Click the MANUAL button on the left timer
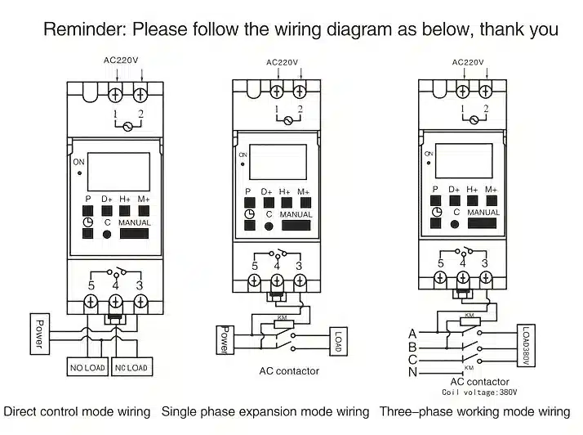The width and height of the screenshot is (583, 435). [134, 233]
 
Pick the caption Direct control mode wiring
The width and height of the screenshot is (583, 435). [78, 411]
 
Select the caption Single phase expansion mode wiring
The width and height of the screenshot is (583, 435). [265, 411]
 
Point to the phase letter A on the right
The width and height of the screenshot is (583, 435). [412, 333]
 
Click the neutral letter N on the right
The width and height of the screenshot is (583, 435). [412, 373]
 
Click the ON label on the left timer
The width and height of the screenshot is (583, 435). [79, 163]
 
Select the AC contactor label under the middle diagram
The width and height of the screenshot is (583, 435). [289, 371]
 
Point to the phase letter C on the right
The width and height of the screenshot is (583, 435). [412, 360]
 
